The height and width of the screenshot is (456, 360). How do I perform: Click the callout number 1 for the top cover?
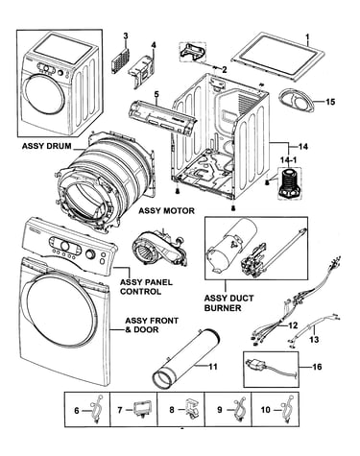307,37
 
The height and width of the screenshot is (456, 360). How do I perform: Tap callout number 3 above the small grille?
126,36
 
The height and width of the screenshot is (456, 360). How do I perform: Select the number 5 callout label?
156,94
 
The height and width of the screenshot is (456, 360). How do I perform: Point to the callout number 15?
330,102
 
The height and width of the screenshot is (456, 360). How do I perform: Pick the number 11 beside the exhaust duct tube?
213,367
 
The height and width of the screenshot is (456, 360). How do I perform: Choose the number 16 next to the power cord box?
317,367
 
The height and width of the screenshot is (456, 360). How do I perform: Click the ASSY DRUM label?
47,146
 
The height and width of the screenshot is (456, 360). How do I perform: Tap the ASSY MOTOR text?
166,210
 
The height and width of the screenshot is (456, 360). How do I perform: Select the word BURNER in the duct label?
223,308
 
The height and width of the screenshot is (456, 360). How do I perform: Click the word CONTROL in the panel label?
141,292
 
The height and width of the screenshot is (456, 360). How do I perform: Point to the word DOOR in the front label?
146,329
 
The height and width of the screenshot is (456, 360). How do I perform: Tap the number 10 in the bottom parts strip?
266,409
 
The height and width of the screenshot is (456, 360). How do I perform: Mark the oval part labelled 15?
296,102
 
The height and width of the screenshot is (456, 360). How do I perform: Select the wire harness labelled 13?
314,328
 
